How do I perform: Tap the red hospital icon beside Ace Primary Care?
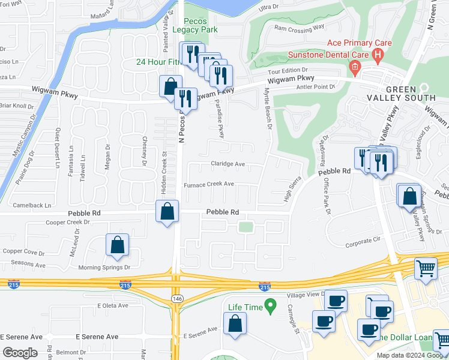[x=378, y=56]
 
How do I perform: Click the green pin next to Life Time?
[x=270, y=307]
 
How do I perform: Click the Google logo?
[x=20, y=352]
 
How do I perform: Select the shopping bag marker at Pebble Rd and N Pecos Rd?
[x=167, y=211]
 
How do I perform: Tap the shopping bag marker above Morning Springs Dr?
[x=117, y=244]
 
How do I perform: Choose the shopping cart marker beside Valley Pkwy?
[x=426, y=268]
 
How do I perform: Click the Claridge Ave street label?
[x=228, y=164]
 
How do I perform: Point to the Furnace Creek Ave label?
[x=208, y=185]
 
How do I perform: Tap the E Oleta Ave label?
[x=113, y=305]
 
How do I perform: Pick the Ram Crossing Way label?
[x=298, y=27]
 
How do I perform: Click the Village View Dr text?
[x=306, y=295]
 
